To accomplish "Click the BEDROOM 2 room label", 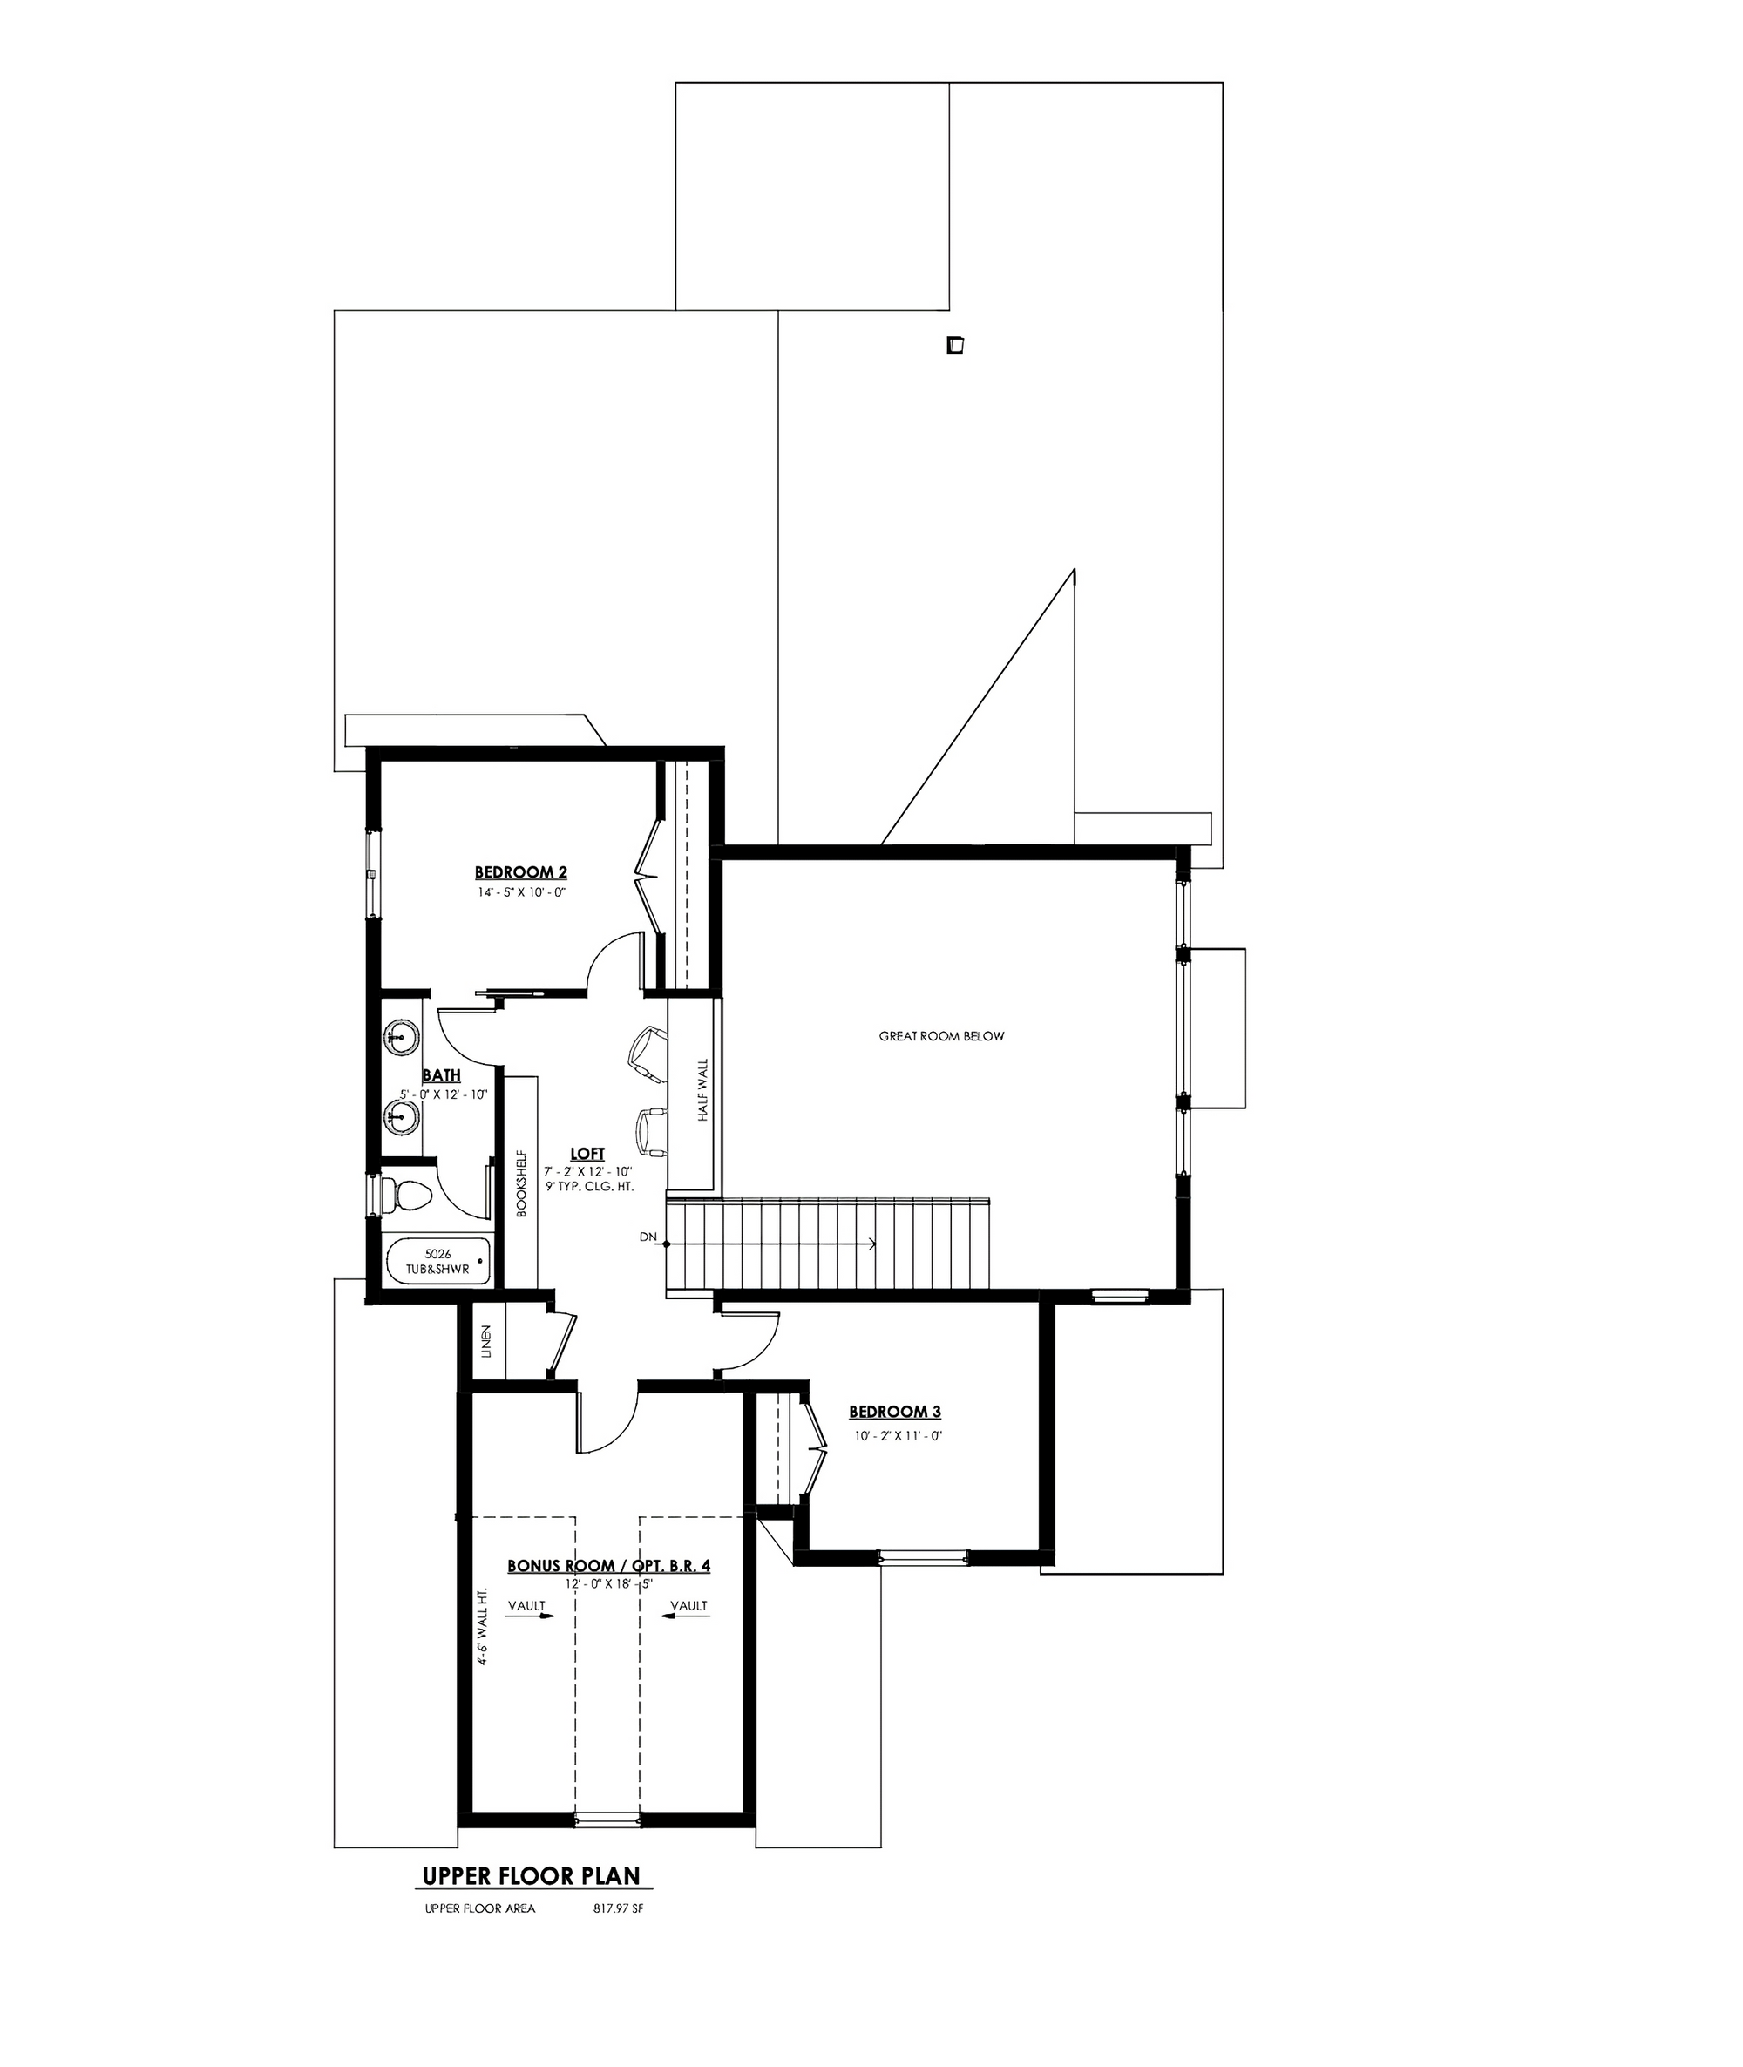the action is pyautogui.click(x=521, y=872).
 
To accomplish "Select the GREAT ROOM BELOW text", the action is pyautogui.click(x=941, y=1036).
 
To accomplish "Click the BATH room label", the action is pyautogui.click(x=442, y=1075).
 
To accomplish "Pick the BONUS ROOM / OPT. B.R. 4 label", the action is pyautogui.click(x=608, y=1566).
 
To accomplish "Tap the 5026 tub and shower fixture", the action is pyautogui.click(x=437, y=1263).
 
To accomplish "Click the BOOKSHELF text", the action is pyautogui.click(x=522, y=1183).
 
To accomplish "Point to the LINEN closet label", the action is pyautogui.click(x=486, y=1342).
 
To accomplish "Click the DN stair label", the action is pyautogui.click(x=648, y=1237).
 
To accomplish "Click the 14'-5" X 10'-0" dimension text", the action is pyautogui.click(x=521, y=892).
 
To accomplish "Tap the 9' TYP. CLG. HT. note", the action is pyautogui.click(x=588, y=1186).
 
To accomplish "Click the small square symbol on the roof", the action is pyautogui.click(x=954, y=346).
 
